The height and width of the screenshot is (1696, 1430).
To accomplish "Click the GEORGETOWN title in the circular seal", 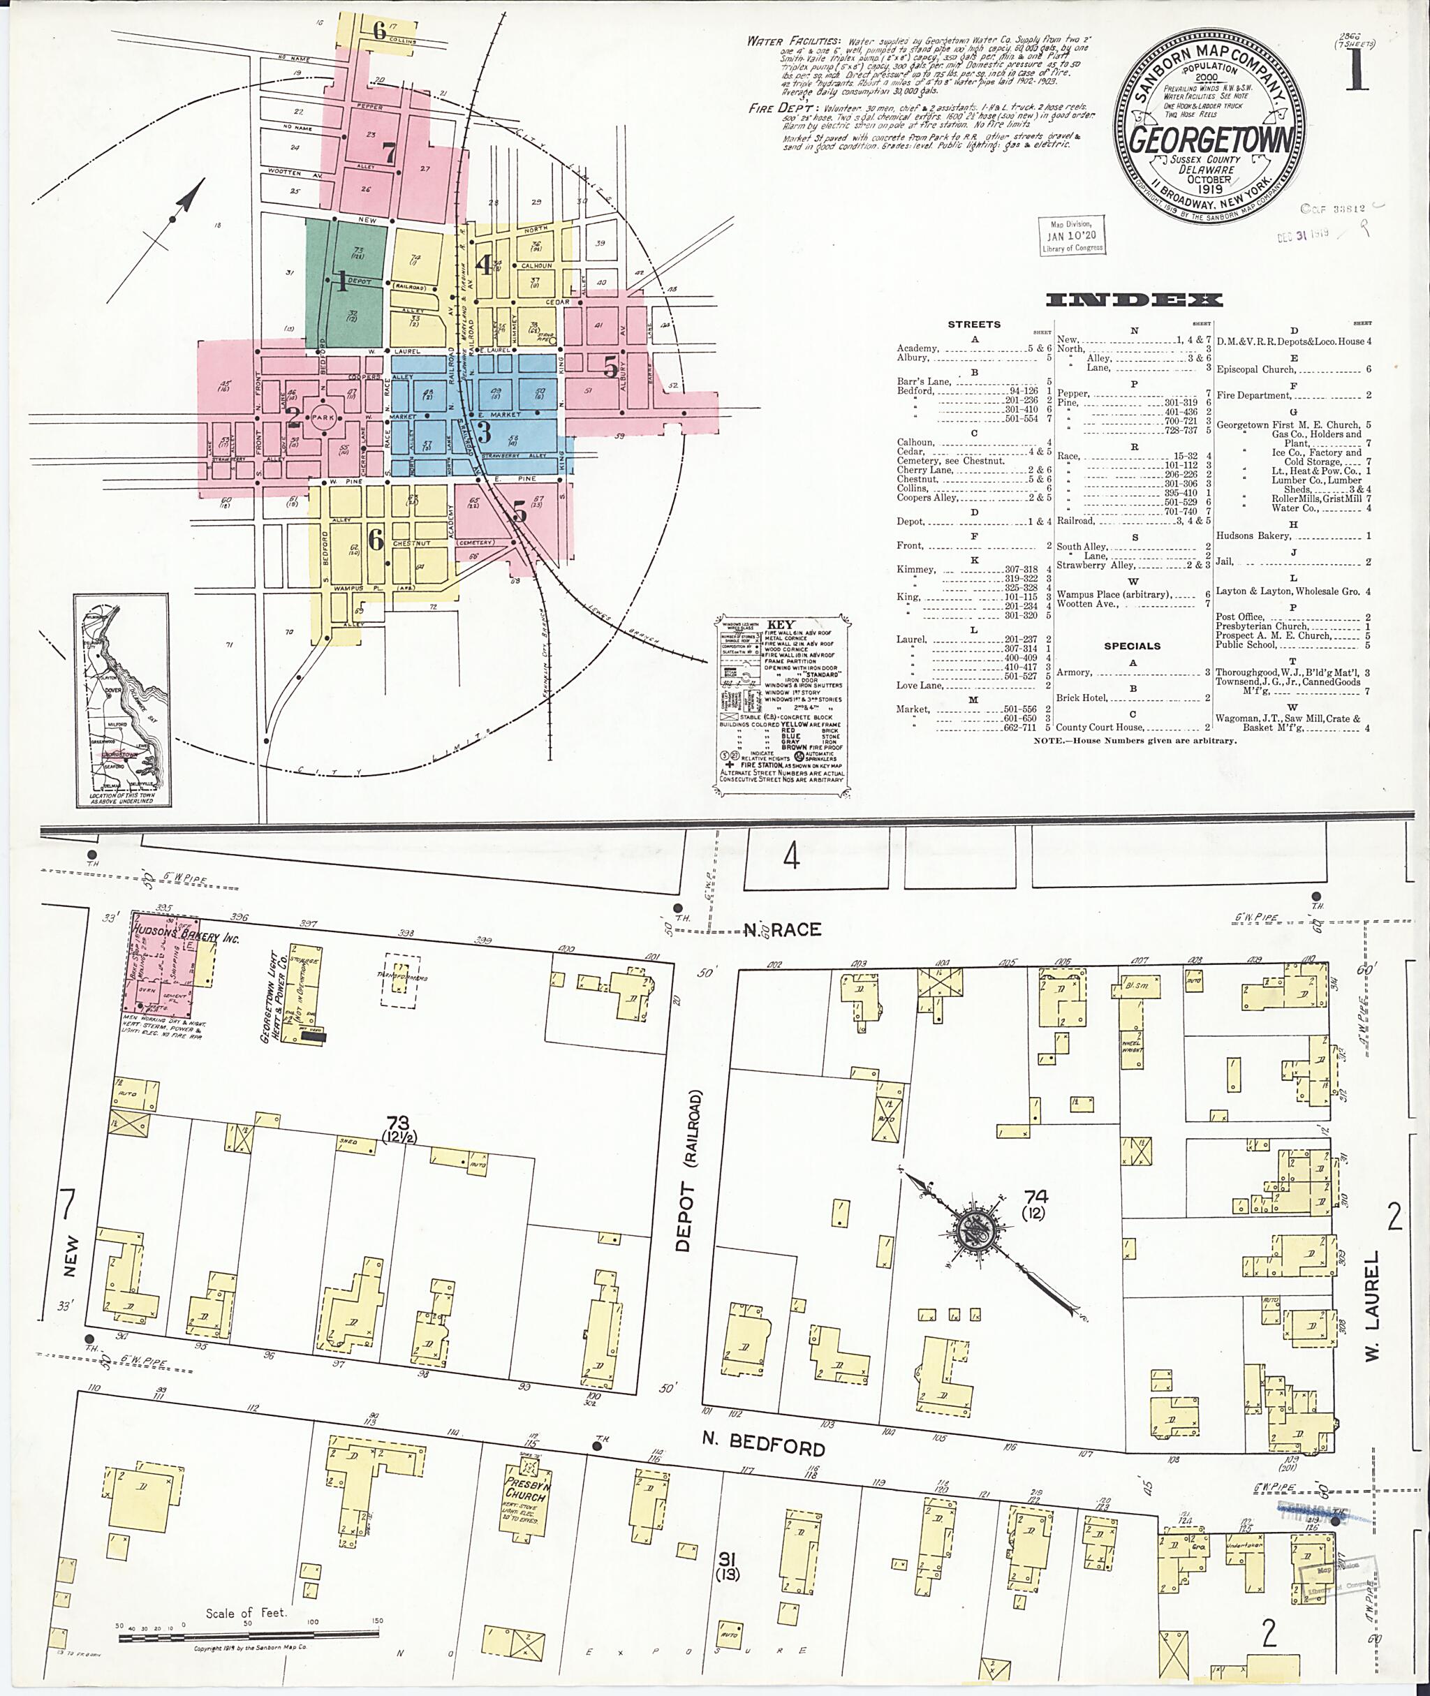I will pos(1210,140).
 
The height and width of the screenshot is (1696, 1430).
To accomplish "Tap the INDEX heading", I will pos(1133,300).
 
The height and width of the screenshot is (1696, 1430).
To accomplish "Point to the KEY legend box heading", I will pos(781,625).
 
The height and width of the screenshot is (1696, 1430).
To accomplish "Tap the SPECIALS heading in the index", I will pos(1132,646).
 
